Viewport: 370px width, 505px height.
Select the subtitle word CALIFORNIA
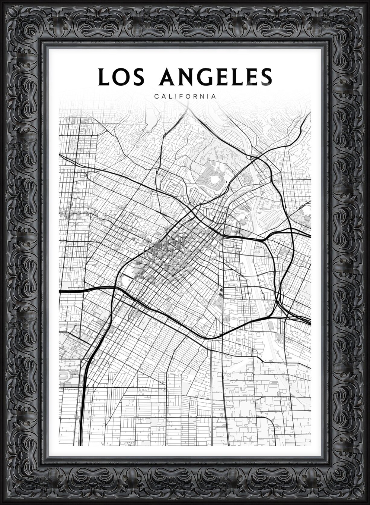point(185,97)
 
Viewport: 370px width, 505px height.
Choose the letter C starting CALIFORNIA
point(156,97)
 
